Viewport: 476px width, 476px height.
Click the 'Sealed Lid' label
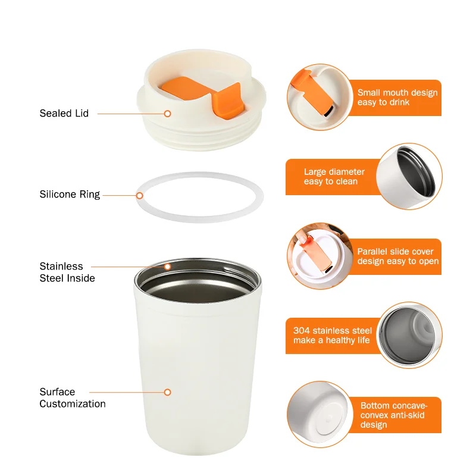pos(64,113)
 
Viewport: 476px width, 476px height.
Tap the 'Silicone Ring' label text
pos(70,195)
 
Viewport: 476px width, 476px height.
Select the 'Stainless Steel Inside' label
pos(67,272)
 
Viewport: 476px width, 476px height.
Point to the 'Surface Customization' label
pos(73,397)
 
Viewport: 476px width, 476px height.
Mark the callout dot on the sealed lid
pos(168,113)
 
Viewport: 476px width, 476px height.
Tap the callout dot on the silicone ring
pos(140,195)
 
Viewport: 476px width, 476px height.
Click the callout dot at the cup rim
pos(168,267)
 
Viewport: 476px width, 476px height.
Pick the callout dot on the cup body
pos(168,392)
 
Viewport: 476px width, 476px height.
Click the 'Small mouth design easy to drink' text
pos(397,98)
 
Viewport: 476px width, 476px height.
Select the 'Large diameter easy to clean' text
pos(334,177)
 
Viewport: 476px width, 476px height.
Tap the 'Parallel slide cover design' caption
pos(397,256)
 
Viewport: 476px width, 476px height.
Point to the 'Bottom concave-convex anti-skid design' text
pos(393,415)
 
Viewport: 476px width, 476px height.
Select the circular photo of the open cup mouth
pos(411,177)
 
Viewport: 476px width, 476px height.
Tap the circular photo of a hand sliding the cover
pos(319,256)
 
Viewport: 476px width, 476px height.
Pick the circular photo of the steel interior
pos(411,335)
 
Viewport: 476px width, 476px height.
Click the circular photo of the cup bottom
pos(319,415)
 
